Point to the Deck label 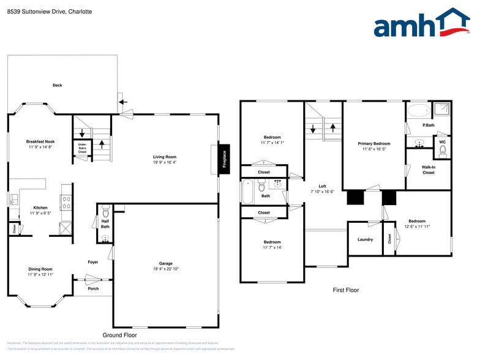[x=57, y=85]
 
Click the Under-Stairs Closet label [x=81, y=148]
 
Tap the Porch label [x=93, y=288]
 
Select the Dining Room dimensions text [x=40, y=275]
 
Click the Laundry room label [x=365, y=239]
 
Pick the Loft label [x=322, y=186]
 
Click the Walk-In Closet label [x=428, y=170]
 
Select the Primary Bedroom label [x=373, y=143]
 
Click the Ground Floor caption [x=119, y=335]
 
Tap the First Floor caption [x=345, y=290]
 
